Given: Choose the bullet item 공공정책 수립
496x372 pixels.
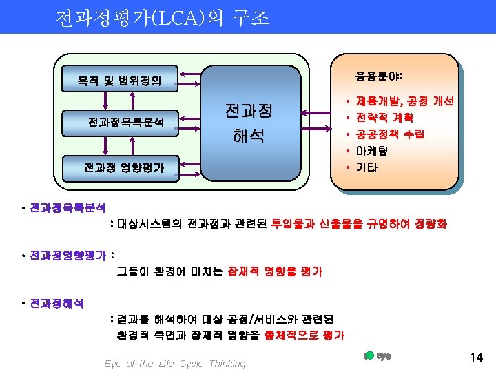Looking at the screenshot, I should pyautogui.click(x=389, y=134).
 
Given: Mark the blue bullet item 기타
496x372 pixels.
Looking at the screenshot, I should pyautogui.click(x=366, y=167).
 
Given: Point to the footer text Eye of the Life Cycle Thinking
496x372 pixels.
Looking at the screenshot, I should pyautogui.click(x=174, y=364).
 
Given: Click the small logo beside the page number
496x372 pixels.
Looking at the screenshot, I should pyautogui.click(x=376, y=355).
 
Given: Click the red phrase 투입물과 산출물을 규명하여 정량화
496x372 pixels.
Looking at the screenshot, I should pyautogui.click(x=359, y=224).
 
